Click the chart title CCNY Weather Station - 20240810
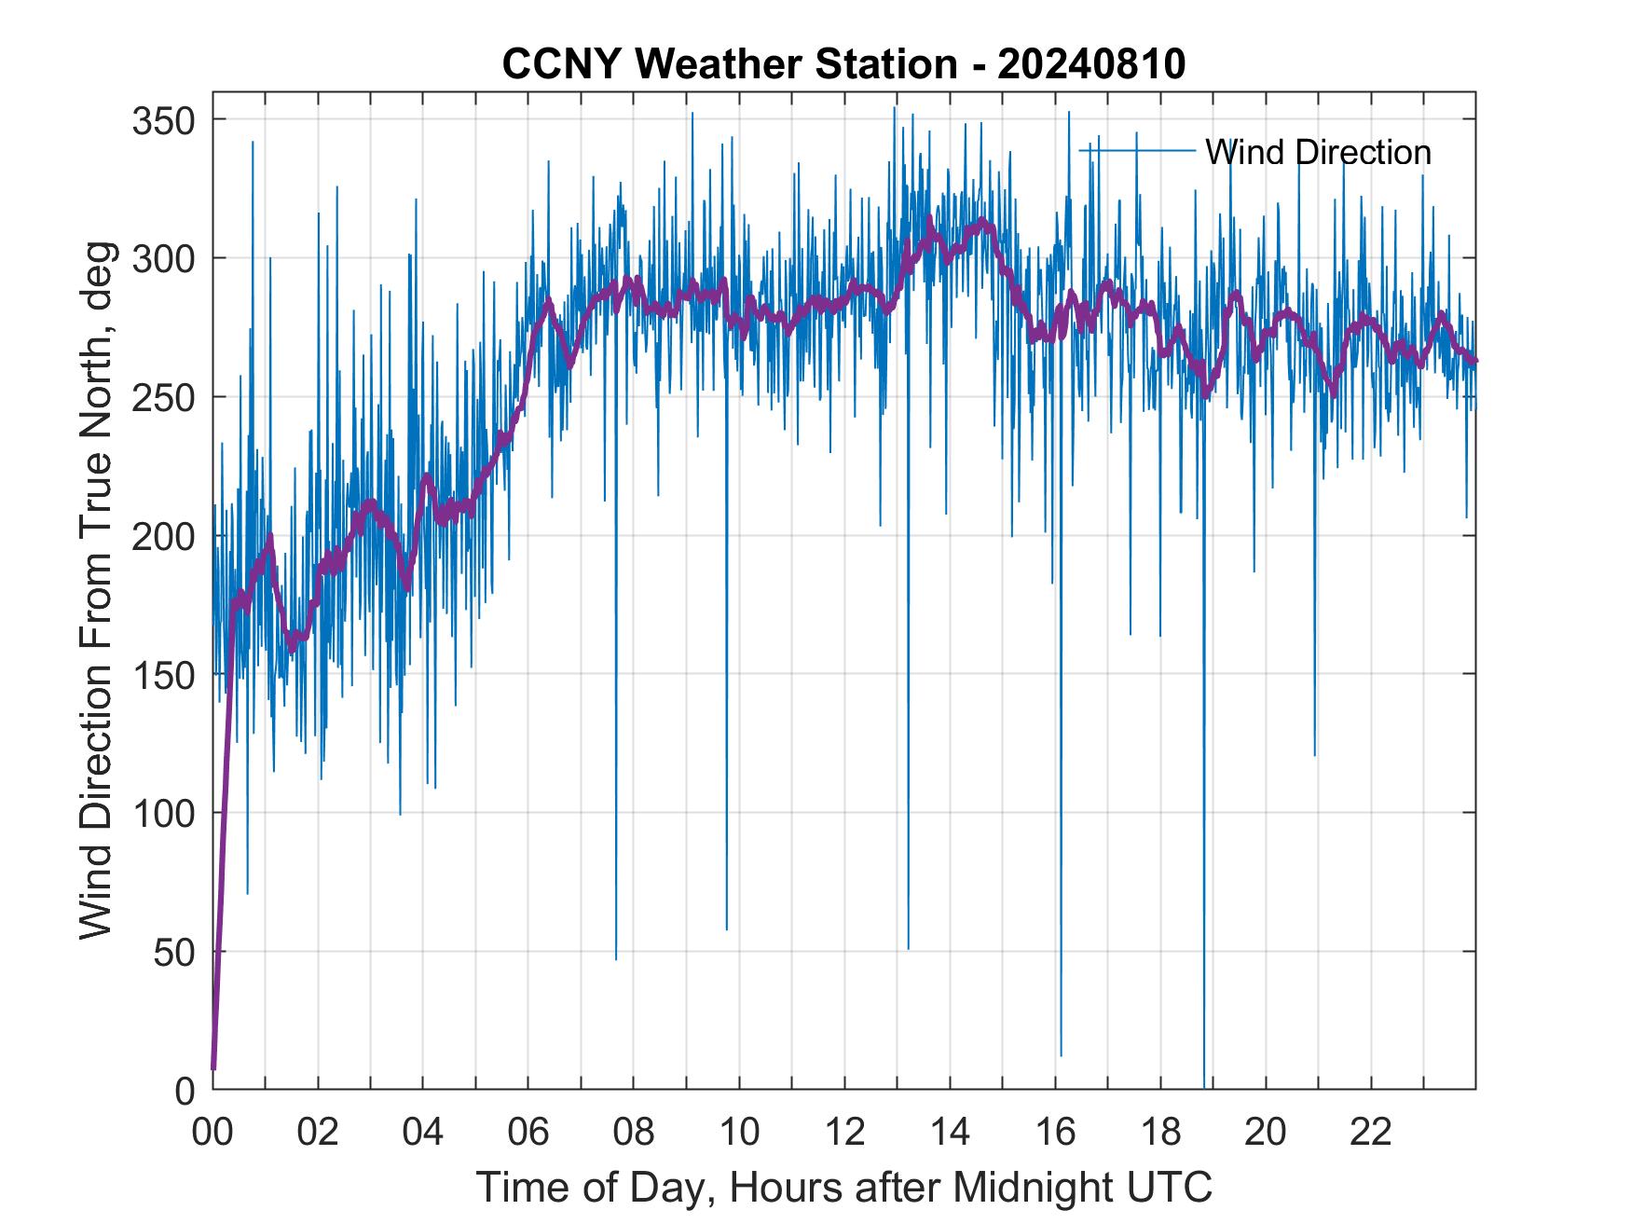pos(843,64)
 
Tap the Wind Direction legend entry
pos(1318,152)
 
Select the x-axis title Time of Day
pos(843,1187)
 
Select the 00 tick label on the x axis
pos(212,1133)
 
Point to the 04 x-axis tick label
pos(423,1133)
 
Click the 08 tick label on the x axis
pos(634,1133)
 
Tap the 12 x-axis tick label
pos(844,1133)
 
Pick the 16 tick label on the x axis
pos(1055,1133)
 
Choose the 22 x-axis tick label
pos(1371,1133)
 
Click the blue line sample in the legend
pos(1137,151)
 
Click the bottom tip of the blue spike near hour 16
pos(1061,1055)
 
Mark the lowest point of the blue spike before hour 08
pos(616,959)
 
